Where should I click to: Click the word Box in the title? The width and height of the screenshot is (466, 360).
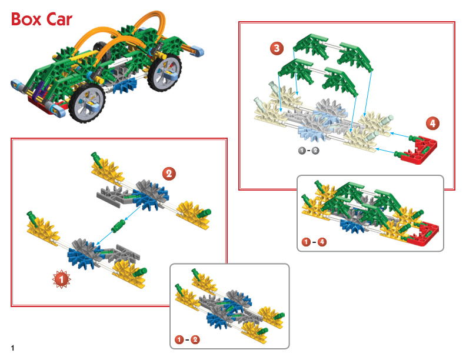(26, 19)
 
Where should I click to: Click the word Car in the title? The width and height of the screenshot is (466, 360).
(59, 19)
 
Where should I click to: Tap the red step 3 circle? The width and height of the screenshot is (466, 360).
(277, 48)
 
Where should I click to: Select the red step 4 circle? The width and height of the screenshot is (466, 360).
(432, 124)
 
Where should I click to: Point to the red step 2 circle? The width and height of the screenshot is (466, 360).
(169, 174)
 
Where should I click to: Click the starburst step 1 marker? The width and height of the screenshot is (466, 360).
(62, 279)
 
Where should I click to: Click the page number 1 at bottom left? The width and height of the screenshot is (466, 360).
(12, 348)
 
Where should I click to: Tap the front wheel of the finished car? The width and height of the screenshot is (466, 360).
(87, 102)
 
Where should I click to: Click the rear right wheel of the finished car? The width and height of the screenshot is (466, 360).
(164, 71)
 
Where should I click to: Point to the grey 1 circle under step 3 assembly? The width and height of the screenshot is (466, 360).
(302, 151)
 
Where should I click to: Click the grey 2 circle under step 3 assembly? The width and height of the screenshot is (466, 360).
(315, 151)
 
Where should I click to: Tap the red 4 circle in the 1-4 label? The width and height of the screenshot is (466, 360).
(322, 242)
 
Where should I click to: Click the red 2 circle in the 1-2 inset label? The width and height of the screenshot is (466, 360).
(195, 339)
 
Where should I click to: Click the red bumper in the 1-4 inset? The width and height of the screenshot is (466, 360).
(422, 234)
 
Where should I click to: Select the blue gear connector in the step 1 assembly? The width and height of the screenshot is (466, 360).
(80, 256)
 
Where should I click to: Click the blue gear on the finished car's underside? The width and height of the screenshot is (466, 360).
(125, 85)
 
